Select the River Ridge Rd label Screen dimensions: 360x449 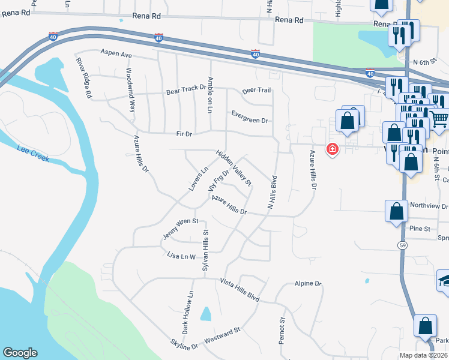(x=83, y=77)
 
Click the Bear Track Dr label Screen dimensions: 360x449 (x=186, y=92)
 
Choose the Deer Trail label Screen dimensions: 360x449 (x=256, y=90)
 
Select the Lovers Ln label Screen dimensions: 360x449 (x=197, y=179)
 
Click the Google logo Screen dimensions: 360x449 (x=20, y=353)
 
